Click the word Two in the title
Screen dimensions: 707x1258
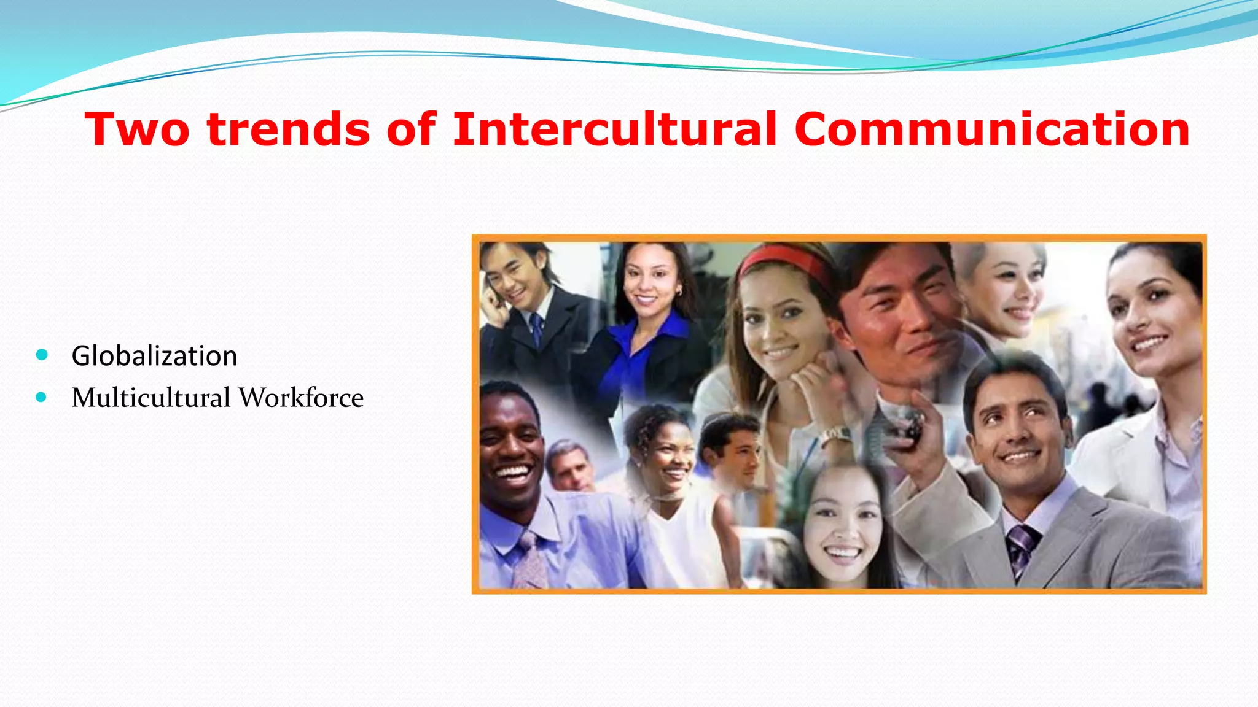coord(137,129)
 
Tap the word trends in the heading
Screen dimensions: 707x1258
coord(289,129)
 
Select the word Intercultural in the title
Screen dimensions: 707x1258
coord(615,129)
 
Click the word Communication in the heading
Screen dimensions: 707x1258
coord(991,129)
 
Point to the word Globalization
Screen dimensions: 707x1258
coord(154,356)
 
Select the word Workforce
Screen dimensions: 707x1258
coord(301,398)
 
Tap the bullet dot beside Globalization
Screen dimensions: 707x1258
coord(42,355)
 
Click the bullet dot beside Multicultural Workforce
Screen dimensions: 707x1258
coord(42,397)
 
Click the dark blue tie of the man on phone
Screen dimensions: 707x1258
coord(536,328)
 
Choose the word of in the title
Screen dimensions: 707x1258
coord(412,129)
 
